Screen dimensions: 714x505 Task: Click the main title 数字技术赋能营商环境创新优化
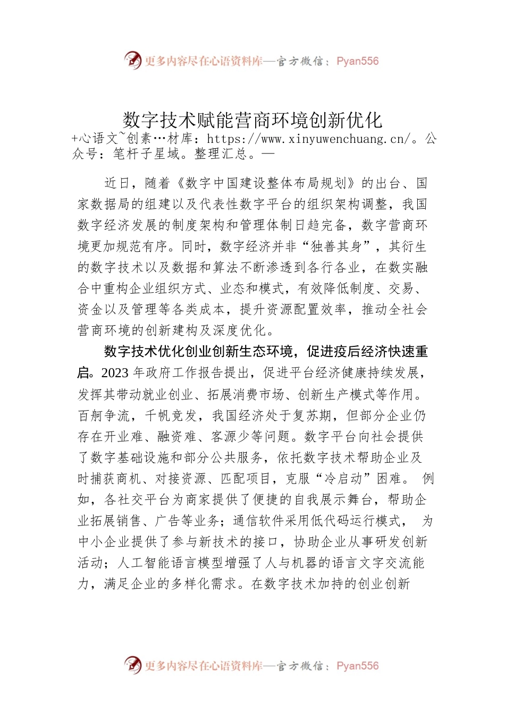(x=252, y=120)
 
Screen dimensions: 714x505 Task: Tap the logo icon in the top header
(x=133, y=61)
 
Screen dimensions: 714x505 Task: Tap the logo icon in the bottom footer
(x=133, y=665)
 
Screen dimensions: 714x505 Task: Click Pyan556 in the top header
(x=357, y=61)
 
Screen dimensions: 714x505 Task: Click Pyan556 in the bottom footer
(x=357, y=666)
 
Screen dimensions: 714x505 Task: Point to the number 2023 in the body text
(x=115, y=373)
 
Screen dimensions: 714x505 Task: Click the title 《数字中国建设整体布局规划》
(x=266, y=183)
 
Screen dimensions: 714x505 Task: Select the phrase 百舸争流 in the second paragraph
(x=103, y=415)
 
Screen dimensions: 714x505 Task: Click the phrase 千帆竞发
(x=171, y=415)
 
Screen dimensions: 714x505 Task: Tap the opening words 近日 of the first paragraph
(x=117, y=183)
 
